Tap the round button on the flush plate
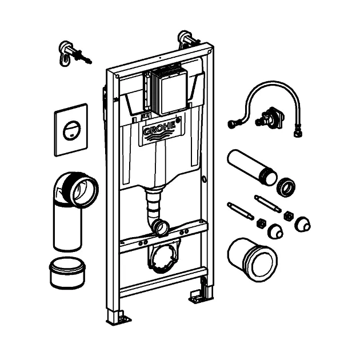(71, 129)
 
